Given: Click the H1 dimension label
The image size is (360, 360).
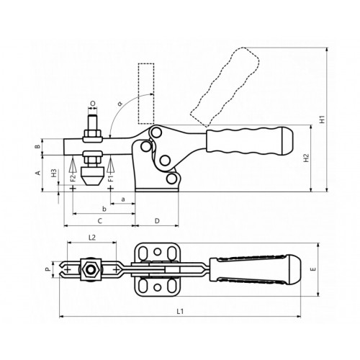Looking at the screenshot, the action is (323, 120).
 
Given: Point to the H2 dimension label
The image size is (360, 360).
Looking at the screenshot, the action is (306, 158).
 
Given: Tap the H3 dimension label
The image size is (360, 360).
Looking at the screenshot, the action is (55, 173).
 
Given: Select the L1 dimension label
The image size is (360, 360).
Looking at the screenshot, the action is (180, 312).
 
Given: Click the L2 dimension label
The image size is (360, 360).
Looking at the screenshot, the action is (92, 238).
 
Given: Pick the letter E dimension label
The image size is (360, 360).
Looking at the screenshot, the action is (313, 269).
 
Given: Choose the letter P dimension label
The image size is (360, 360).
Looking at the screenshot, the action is (49, 269).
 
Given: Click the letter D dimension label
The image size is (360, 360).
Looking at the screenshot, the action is (157, 221).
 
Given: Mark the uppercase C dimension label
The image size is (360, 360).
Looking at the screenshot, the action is (100, 221).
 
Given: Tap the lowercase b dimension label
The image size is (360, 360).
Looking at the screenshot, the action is (104, 209).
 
